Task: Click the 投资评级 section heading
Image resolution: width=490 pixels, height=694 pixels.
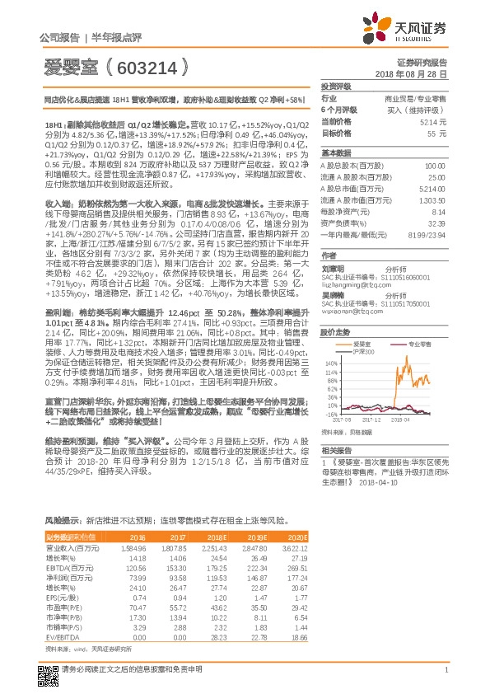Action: (x=336, y=86)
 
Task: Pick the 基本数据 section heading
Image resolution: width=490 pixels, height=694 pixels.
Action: (x=336, y=153)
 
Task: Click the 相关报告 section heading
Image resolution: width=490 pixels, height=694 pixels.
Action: (x=336, y=449)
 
